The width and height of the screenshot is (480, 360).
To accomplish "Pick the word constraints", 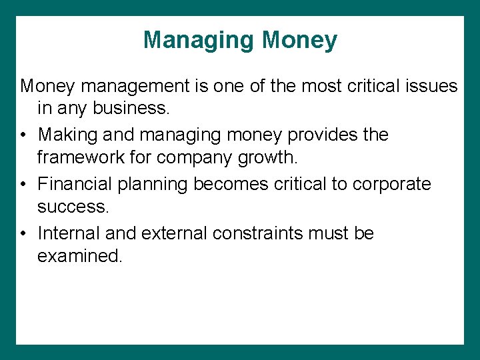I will pyautogui.click(x=269, y=233).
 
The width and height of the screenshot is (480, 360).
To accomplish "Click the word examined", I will pyautogui.click(x=80, y=257).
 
